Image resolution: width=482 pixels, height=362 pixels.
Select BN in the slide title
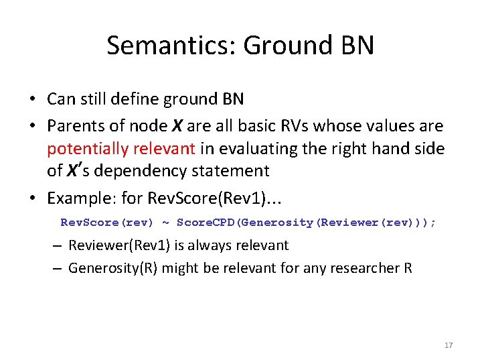click(358, 46)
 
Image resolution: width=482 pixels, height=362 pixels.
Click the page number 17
click(449, 345)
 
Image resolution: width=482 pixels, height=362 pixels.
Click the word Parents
click(73, 126)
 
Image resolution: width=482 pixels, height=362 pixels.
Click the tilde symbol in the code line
click(165, 223)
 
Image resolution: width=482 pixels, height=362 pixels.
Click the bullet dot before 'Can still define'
click(32, 100)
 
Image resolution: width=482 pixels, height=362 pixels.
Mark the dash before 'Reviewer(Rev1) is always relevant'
click(58, 246)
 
